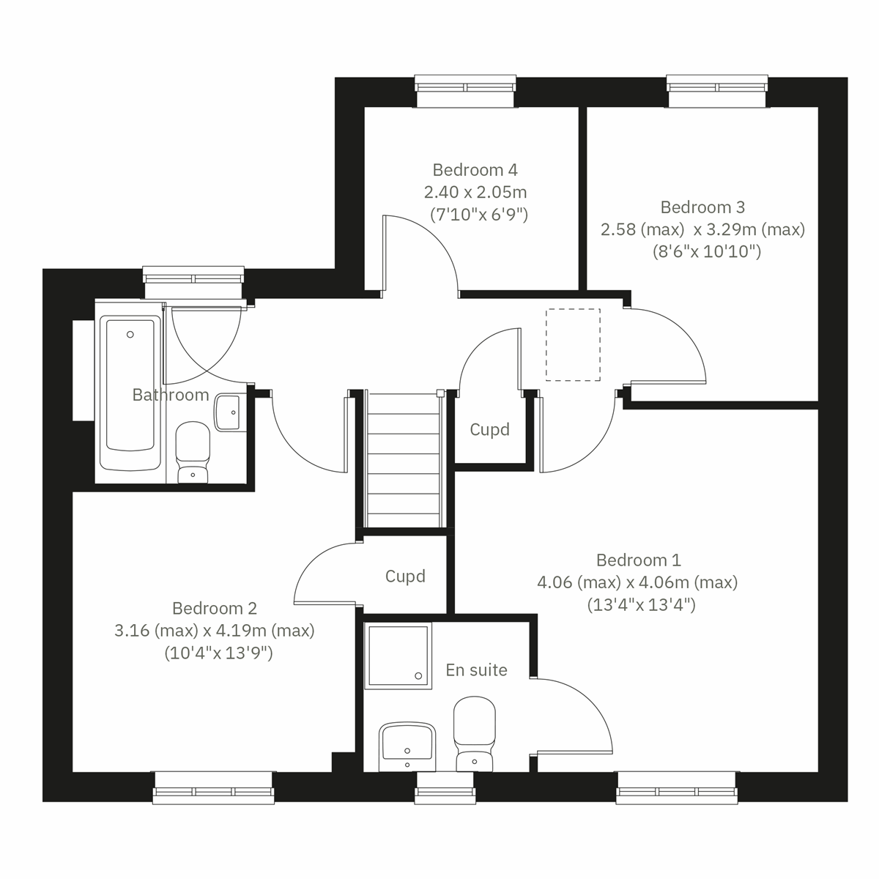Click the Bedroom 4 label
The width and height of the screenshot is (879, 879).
tap(475, 170)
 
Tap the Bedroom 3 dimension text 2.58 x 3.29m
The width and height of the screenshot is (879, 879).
tap(702, 229)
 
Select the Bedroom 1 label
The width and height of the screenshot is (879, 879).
tap(638, 560)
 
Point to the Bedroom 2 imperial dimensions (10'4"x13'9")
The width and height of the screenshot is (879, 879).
tap(218, 653)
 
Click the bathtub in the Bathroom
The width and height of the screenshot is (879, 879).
tap(131, 393)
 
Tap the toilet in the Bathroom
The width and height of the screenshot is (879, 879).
tap(193, 452)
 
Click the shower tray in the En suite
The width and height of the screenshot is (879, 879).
tap(398, 654)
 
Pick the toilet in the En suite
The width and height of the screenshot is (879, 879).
tap(474, 732)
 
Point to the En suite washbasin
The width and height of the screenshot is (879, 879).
tap(407, 745)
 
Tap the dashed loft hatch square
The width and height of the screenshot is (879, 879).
tap(573, 345)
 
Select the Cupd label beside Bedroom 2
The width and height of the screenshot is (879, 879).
tap(405, 576)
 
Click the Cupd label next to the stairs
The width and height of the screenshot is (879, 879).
tap(489, 429)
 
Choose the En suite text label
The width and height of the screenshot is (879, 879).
tap(476, 670)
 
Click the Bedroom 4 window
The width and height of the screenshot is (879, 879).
tap(464, 86)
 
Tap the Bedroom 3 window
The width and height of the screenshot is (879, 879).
tap(718, 86)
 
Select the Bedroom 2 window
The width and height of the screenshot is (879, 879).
tap(213, 790)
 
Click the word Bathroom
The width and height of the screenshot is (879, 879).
tap(171, 395)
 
